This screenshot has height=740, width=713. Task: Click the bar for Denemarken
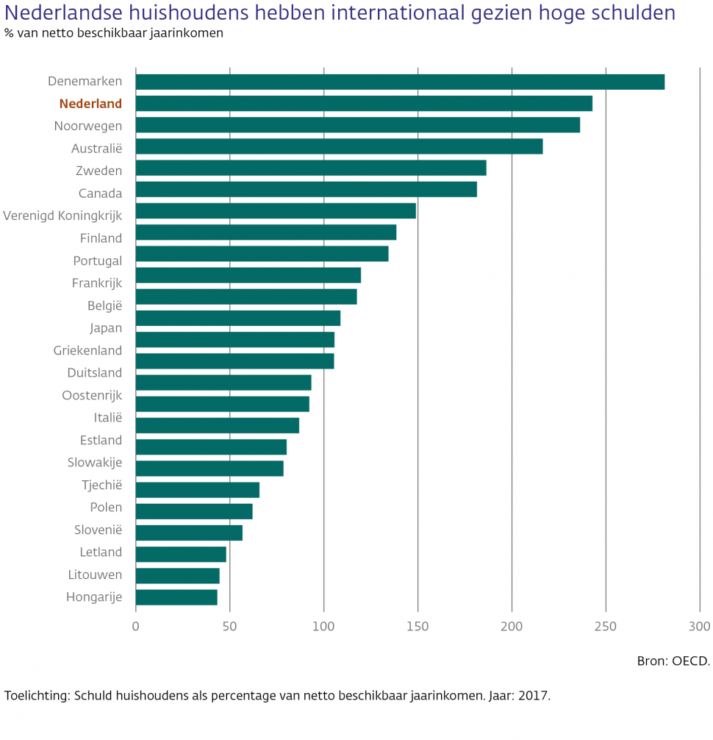[x=400, y=82]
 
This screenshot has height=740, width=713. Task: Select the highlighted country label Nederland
[x=90, y=104]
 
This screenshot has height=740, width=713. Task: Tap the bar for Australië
[x=339, y=146]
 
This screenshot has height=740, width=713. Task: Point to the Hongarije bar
[x=176, y=597]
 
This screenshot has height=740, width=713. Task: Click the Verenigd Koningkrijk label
[x=62, y=216]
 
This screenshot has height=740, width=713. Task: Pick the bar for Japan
[x=238, y=318]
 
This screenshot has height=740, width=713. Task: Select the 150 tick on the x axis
[x=418, y=627]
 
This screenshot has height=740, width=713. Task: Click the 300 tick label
[x=700, y=627]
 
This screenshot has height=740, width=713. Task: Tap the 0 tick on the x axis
[x=136, y=627]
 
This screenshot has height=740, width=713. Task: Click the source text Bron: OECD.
[x=673, y=661]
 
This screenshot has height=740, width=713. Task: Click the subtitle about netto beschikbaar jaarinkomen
[x=114, y=33]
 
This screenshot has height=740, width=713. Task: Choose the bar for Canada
[x=307, y=189]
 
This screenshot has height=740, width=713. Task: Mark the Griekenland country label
[x=87, y=350]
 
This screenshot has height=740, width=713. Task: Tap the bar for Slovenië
[x=189, y=533]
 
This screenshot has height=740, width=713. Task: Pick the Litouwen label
[x=94, y=574]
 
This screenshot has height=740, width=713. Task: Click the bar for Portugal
[x=262, y=254]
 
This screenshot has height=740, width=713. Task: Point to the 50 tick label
[x=229, y=627]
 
